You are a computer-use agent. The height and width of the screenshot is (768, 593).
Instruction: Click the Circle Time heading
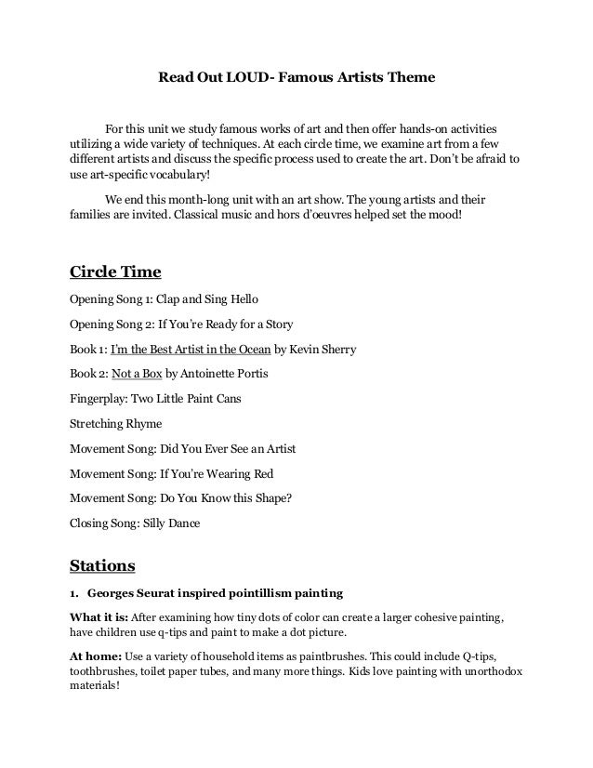tap(116, 272)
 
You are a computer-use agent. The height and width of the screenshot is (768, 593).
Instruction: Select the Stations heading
tap(103, 563)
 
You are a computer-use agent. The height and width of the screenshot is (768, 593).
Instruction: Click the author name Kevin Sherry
tap(323, 350)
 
